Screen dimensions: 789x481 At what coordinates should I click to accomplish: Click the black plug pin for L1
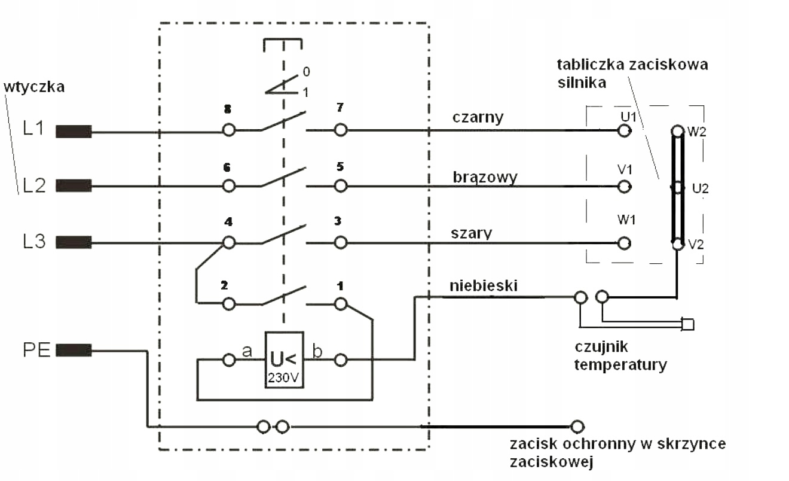(74, 131)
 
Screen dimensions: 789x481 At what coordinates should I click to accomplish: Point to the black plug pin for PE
(74, 350)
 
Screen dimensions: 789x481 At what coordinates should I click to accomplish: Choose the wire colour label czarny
(478, 117)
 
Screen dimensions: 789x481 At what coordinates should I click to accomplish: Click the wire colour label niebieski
(484, 285)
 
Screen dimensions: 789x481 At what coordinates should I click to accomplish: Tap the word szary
(471, 233)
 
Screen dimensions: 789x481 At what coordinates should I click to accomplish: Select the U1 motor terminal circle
(624, 131)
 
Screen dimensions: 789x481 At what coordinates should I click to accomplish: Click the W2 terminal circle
(677, 131)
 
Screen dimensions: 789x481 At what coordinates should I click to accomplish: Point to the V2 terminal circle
(677, 244)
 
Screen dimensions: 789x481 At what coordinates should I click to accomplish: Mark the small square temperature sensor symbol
(688, 324)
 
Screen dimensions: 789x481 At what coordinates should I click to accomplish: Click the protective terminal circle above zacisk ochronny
(577, 427)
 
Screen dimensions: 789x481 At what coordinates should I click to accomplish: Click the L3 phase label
(34, 242)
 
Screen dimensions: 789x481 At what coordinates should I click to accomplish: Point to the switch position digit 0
(307, 72)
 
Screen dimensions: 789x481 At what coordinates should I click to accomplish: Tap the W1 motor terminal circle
(624, 243)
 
